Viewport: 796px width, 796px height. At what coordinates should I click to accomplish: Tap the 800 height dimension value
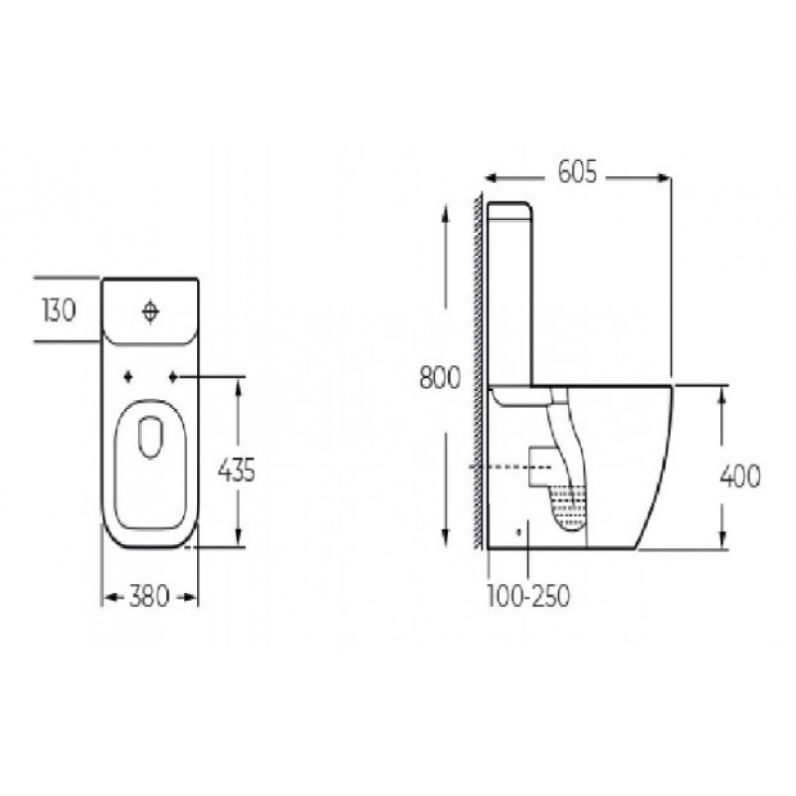440,377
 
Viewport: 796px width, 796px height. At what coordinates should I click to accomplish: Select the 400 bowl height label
740,476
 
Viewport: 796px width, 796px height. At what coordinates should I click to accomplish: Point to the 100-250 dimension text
528,595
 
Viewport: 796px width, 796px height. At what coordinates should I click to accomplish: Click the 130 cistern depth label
60,310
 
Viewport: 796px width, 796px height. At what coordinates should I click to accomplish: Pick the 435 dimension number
236,471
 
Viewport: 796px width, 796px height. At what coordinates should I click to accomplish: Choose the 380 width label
148,595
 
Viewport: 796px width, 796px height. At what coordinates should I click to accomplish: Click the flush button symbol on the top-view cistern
151,311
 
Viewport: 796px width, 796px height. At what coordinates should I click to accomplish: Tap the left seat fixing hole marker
129,377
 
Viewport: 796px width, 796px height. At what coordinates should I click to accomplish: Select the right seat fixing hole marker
173,377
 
